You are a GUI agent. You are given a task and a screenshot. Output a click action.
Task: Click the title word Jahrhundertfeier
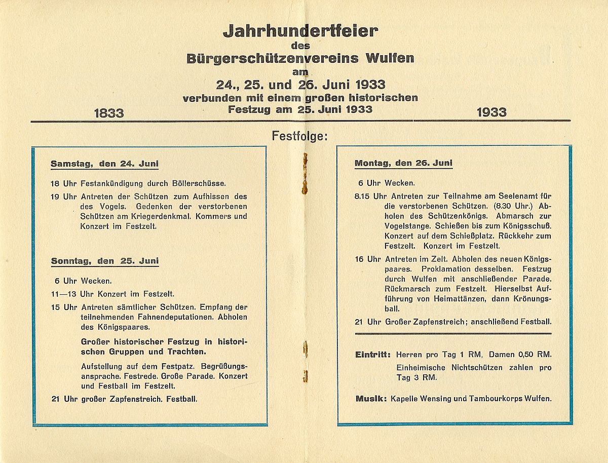click(300, 31)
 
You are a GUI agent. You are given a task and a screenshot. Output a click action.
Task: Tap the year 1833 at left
click(109, 112)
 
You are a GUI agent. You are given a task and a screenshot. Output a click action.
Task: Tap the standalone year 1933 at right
click(491, 112)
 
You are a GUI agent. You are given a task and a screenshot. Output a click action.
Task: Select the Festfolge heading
click(300, 136)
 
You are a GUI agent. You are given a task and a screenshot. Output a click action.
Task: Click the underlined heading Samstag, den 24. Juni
click(104, 164)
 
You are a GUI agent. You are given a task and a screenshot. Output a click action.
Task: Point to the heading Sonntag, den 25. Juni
click(105, 261)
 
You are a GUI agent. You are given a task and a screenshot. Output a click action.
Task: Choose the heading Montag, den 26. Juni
click(403, 163)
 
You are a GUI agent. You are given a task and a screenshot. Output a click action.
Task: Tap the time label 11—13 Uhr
click(64, 294)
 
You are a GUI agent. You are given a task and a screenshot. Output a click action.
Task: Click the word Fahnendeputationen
click(176, 317)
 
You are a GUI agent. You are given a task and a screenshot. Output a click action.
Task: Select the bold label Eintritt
click(373, 354)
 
